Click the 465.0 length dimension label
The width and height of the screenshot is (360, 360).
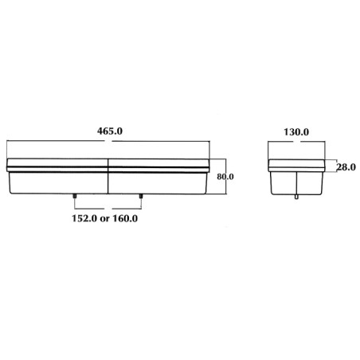110,131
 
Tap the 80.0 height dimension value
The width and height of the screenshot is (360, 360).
225,177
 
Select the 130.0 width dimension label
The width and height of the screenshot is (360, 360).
296,132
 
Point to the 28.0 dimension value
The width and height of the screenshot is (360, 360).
346,167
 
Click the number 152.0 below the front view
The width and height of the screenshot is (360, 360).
84,218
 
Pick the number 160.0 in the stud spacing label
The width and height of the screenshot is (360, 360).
125,218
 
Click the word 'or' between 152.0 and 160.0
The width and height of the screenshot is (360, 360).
105,219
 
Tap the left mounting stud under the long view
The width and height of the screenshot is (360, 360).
75,197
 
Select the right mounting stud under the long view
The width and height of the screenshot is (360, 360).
141,197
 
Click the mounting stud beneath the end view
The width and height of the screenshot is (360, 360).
296,197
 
